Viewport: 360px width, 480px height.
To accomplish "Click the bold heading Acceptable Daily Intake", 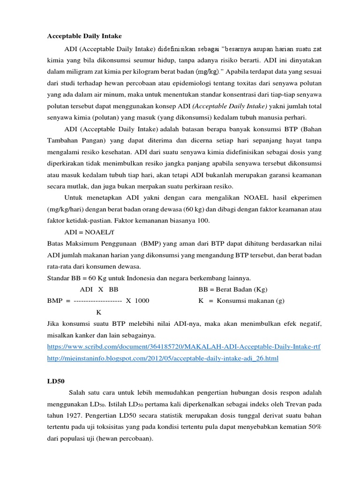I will [x=84, y=36].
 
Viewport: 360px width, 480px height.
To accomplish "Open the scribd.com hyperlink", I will [x=184, y=346].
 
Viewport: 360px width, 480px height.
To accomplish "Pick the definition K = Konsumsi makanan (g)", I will [x=241, y=300].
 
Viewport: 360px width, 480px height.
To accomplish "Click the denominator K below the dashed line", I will [x=98, y=312].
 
